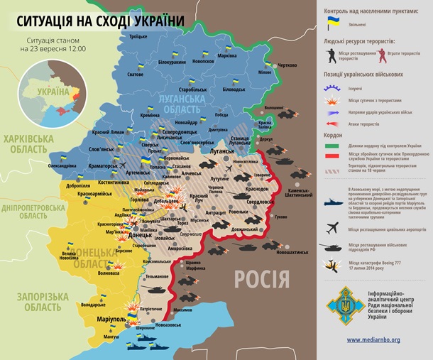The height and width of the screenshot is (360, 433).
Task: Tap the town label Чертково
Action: tap(286, 65)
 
